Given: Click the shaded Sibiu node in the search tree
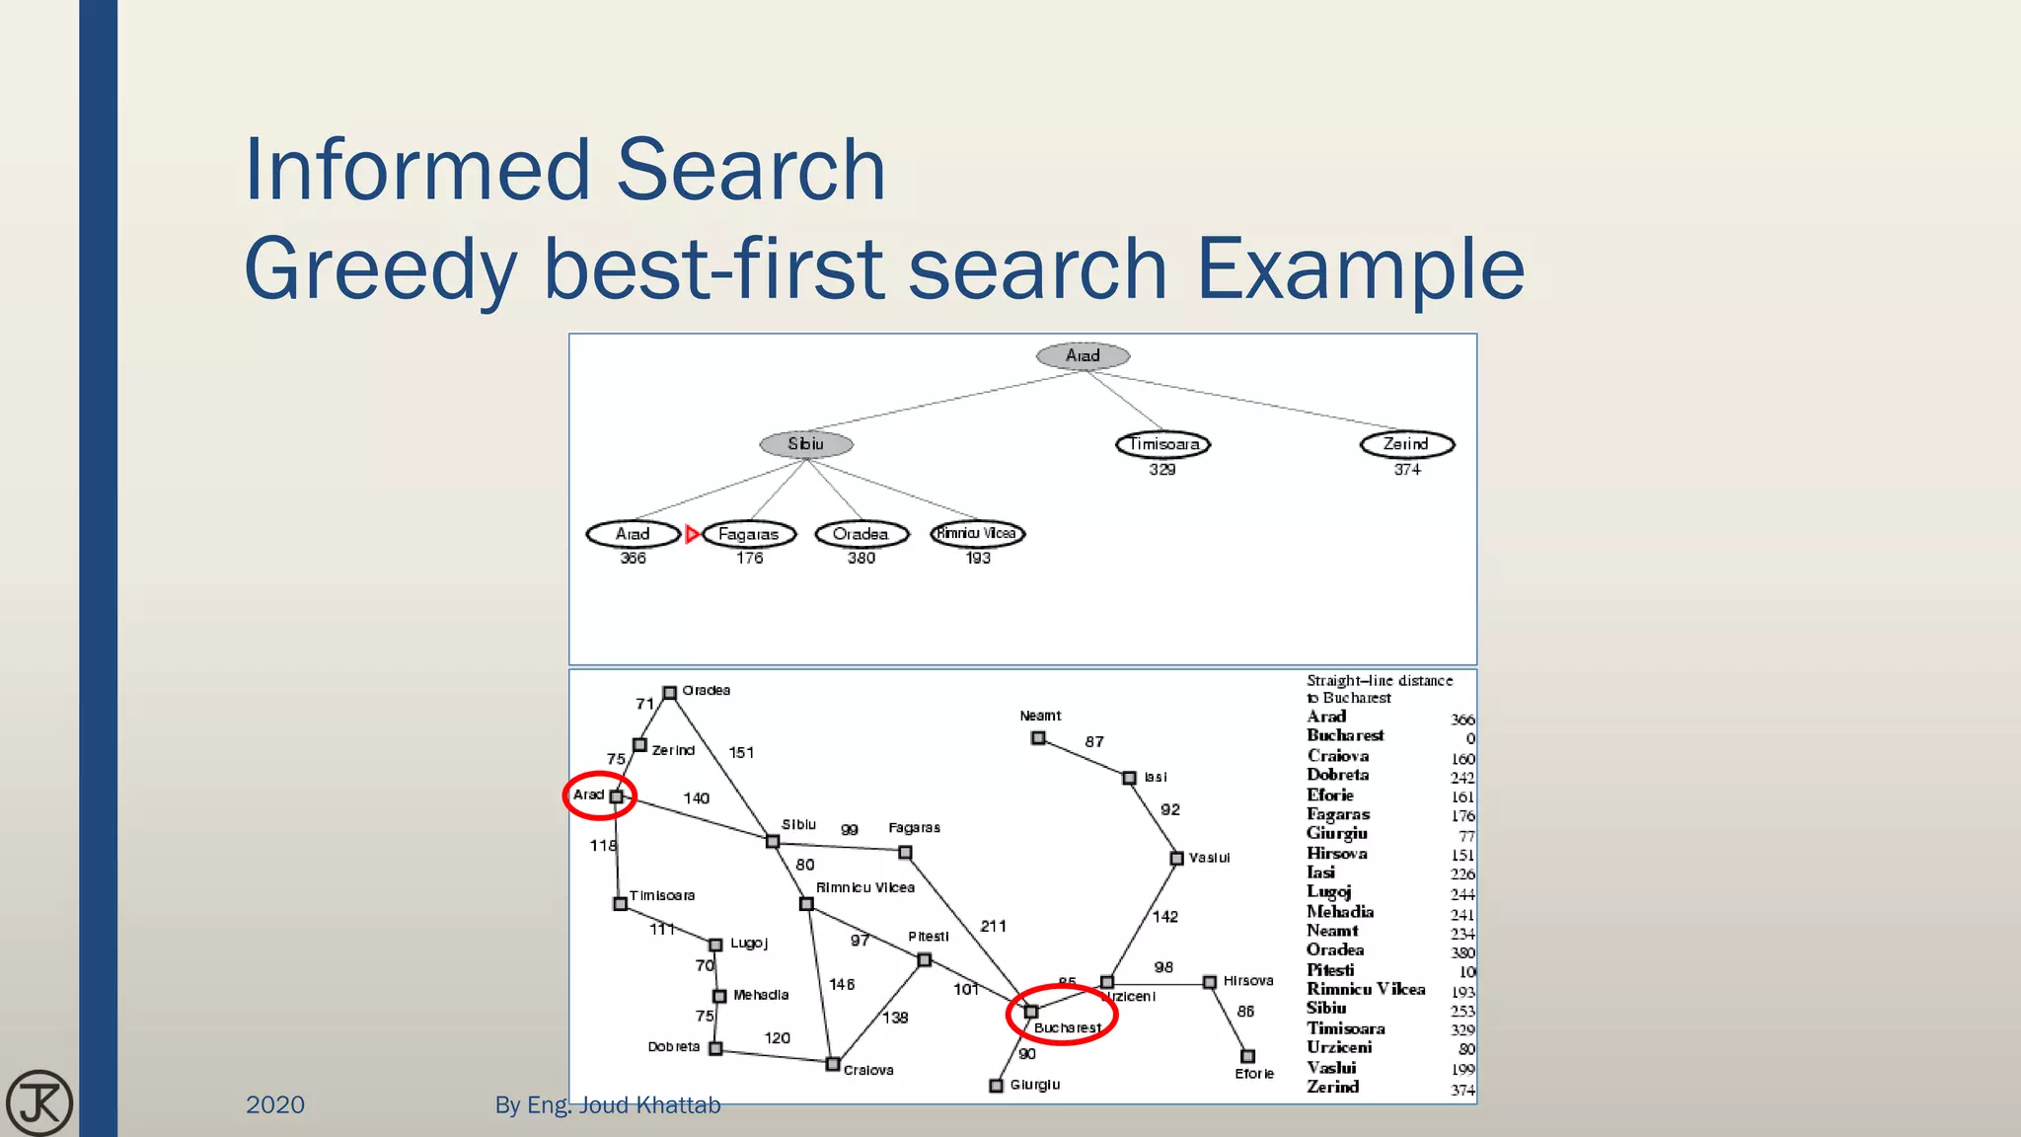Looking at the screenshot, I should pyautogui.click(x=805, y=444).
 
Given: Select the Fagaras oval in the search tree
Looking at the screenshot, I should pyautogui.click(x=749, y=534).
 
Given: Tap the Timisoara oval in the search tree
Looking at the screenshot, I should pyautogui.click(x=1162, y=444).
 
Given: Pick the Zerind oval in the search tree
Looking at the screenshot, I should pyautogui.click(x=1406, y=444).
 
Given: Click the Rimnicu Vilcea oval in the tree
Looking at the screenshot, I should pyautogui.click(x=977, y=534).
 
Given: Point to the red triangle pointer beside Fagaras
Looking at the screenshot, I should pyautogui.click(x=692, y=534).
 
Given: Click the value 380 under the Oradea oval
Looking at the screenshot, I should pyautogui.click(x=861, y=559).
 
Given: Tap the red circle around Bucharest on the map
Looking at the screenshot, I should pyautogui.click(x=1061, y=1014).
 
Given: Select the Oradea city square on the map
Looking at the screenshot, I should pyautogui.click(x=669, y=693).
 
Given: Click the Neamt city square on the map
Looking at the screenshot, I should pyautogui.click(x=1038, y=738).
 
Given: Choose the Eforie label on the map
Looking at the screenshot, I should pyautogui.click(x=1254, y=1074).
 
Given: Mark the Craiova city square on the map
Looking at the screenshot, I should pyautogui.click(x=833, y=1064).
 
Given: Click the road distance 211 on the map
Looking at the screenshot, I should pyautogui.click(x=993, y=926).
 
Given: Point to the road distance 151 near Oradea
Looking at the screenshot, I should pyautogui.click(x=741, y=753).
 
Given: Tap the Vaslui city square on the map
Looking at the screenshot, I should pyautogui.click(x=1176, y=859).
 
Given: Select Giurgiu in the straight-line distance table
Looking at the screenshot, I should pyautogui.click(x=1337, y=834).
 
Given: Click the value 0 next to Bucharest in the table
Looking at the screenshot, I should pyautogui.click(x=1469, y=739).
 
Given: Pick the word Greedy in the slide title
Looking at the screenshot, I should pyautogui.click(x=380, y=268).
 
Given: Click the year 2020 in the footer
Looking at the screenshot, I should pyautogui.click(x=275, y=1105).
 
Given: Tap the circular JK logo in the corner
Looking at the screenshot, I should pyautogui.click(x=39, y=1102).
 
